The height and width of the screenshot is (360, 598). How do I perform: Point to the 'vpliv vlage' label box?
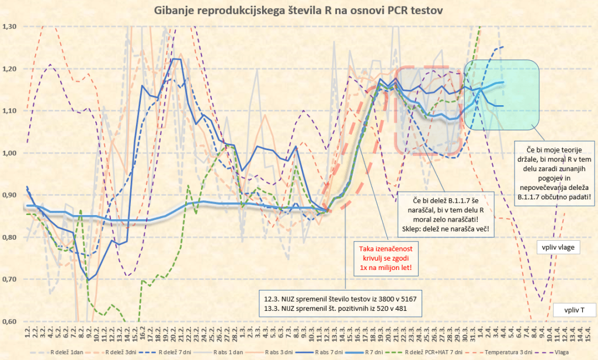[558, 247]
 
